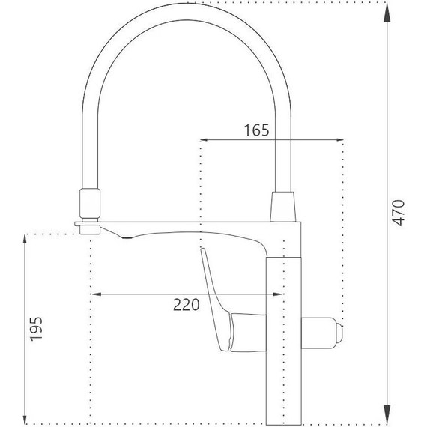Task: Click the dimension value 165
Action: point(256,130)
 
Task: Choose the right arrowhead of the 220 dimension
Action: point(279,294)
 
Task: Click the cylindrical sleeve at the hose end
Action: point(89,202)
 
